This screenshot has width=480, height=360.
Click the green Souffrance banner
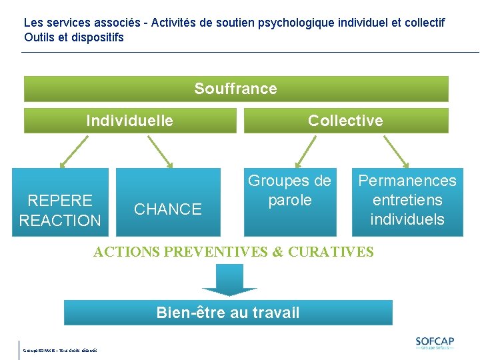pyautogui.click(x=236, y=89)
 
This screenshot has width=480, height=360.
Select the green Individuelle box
pyautogui.click(x=130, y=121)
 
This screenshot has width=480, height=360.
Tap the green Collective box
pyautogui.click(x=345, y=121)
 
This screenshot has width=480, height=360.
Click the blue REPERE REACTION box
pyautogui.click(x=60, y=203)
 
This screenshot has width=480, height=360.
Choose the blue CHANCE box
pyautogui.click(x=168, y=203)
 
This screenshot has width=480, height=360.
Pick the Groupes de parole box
pyautogui.click(x=289, y=203)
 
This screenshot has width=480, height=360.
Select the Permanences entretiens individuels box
pyautogui.click(x=407, y=203)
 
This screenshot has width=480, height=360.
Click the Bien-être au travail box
pyautogui.click(x=228, y=312)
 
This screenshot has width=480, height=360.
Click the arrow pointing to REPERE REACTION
pyautogui.click(x=73, y=151)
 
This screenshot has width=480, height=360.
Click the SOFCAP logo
pyautogui.click(x=435, y=343)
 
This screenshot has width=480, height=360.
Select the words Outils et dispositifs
pyautogui.click(x=74, y=37)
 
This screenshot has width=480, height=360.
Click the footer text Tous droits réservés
pyautogui.click(x=79, y=350)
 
